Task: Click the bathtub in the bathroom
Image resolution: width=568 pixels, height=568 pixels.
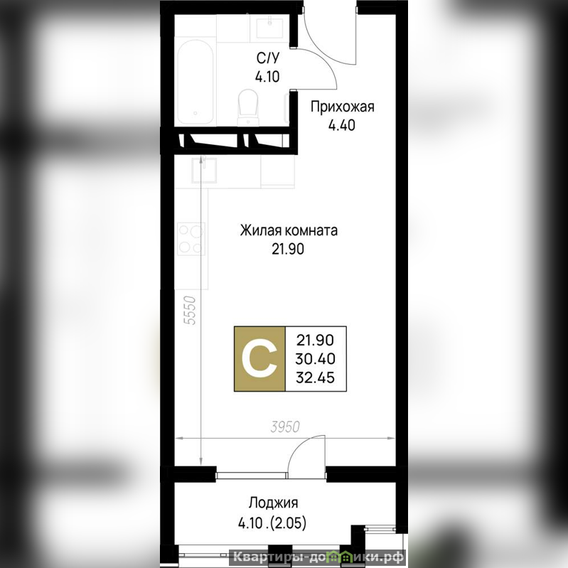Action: tap(195, 82)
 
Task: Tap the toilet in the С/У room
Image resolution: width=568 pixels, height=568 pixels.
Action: tap(248, 107)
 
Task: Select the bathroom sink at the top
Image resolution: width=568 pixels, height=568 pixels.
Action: tap(269, 28)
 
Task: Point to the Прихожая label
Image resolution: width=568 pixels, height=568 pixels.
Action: tap(343, 107)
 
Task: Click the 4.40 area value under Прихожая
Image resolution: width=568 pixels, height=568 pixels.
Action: tap(342, 125)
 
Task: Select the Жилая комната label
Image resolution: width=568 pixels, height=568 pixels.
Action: tap(289, 230)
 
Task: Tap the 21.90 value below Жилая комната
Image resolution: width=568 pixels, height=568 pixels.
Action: tap(288, 250)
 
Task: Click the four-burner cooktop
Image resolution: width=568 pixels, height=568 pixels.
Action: tap(191, 239)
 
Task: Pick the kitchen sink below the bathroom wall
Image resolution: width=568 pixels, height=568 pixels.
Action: tap(204, 170)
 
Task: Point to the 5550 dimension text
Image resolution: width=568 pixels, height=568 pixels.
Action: tap(191, 311)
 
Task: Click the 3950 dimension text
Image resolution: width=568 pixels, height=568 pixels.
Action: tap(285, 427)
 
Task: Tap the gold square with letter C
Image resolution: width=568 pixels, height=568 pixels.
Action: tap(259, 359)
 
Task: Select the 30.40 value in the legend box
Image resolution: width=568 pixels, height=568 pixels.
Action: tap(315, 359)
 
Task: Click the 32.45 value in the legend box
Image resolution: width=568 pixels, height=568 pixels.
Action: tap(315, 377)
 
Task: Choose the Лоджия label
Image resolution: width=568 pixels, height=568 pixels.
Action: tap(274, 503)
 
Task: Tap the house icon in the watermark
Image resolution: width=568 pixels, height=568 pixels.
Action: tap(342, 556)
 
